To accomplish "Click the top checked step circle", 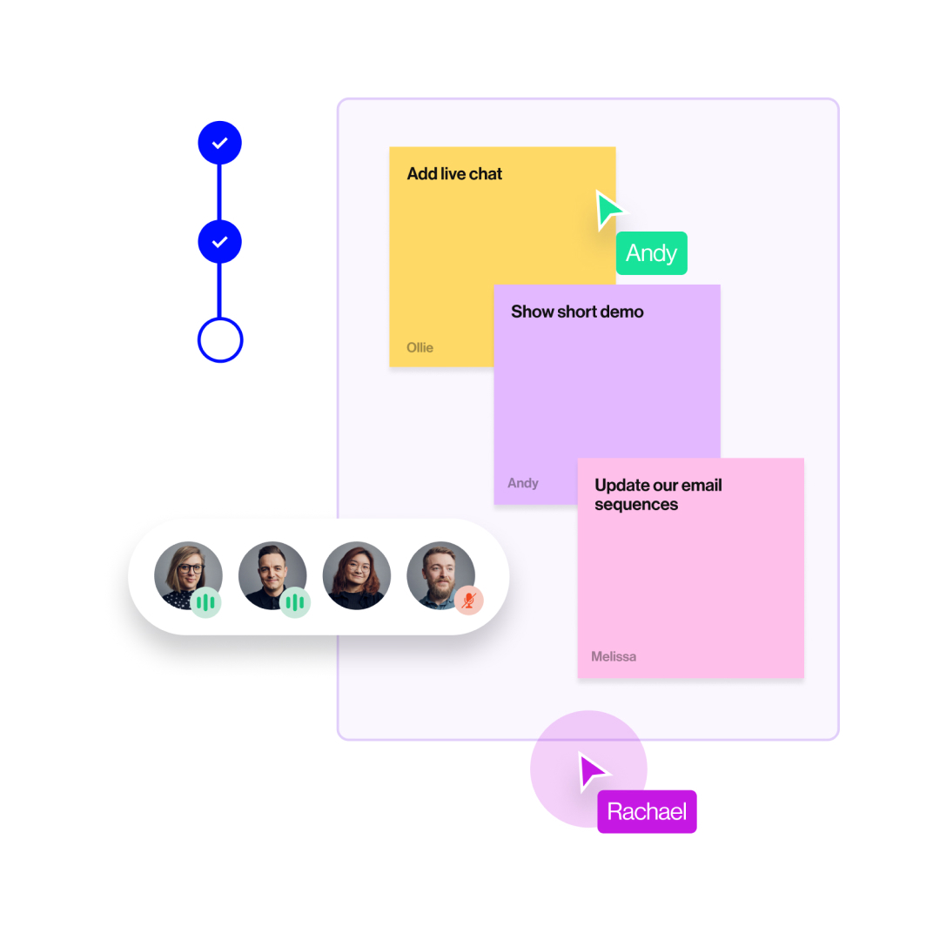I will [x=219, y=144].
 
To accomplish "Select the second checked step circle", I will [x=219, y=242].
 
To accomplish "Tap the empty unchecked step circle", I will [x=219, y=340].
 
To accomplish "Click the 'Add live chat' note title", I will [x=454, y=174].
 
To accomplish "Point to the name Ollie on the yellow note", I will [x=420, y=347].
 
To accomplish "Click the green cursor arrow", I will [x=608, y=211].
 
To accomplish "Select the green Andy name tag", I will [x=651, y=253].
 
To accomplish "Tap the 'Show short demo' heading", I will [x=577, y=312].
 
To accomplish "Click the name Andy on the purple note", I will [x=523, y=483].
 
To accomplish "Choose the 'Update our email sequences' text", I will [x=658, y=495].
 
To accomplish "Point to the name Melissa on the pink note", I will [x=614, y=656].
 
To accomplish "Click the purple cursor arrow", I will [x=594, y=771].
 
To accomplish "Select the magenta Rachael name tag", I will [x=647, y=812].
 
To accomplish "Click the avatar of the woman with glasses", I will [x=187, y=574].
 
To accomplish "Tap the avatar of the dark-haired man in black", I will [x=271, y=574].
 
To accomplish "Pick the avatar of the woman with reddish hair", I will [x=356, y=575].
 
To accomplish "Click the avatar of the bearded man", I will [x=440, y=574].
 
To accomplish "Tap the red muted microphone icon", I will [x=469, y=601].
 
